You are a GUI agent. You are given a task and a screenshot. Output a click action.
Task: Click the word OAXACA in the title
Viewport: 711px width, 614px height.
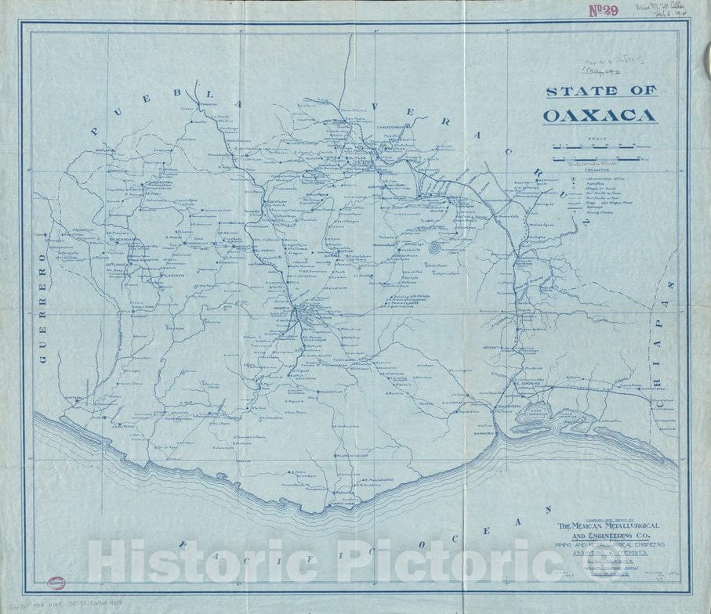(600, 116)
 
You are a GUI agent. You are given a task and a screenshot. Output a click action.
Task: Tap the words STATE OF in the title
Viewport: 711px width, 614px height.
(600, 91)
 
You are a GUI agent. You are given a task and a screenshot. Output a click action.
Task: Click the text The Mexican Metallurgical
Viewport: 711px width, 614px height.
(608, 525)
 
